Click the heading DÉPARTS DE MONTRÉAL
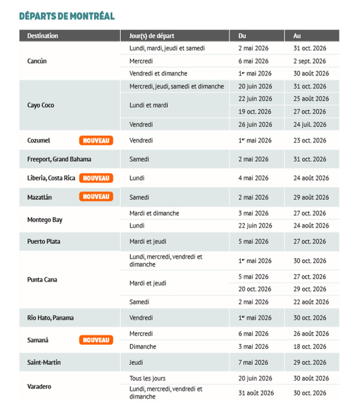tap(66, 15)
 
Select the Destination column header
tap(43, 35)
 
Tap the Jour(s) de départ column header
tap(152, 35)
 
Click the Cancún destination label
tap(37, 61)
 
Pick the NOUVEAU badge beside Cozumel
tap(96, 140)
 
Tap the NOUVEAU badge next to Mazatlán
tap(96, 197)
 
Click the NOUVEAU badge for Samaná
tap(96, 340)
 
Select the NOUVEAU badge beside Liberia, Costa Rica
tap(96, 178)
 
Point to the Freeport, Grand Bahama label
tap(59, 159)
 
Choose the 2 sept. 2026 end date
tap(310, 61)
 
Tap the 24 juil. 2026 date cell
tap(310, 124)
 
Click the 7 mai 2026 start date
tap(254, 362)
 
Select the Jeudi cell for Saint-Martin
tap(137, 362)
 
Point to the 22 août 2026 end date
tap(311, 302)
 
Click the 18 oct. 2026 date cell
tap(310, 346)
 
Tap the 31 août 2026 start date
tap(256, 393)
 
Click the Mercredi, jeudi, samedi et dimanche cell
tap(176, 86)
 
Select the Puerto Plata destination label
tap(45, 241)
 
